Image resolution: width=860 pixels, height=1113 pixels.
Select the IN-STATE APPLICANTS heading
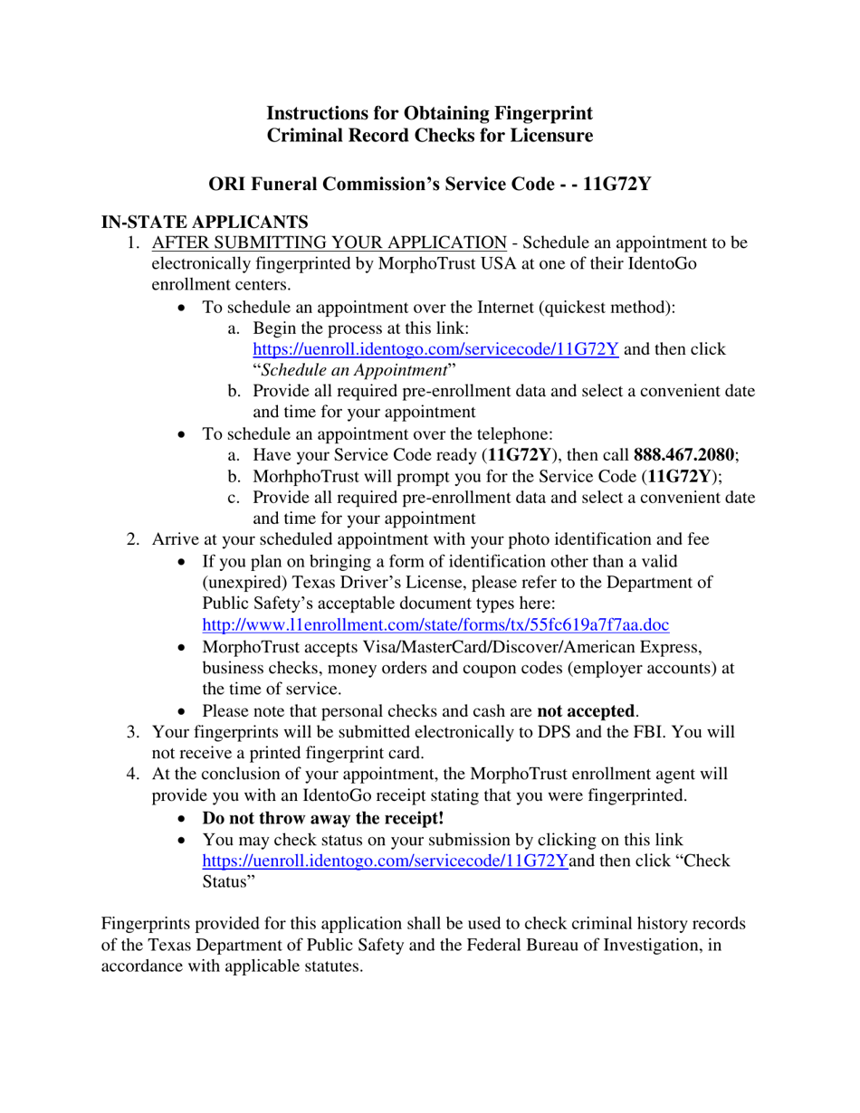coord(205,222)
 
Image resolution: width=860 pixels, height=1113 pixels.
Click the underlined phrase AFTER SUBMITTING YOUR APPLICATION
coord(330,243)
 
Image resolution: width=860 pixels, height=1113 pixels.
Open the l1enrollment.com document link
coord(435,624)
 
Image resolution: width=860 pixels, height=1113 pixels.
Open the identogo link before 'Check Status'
coord(385,861)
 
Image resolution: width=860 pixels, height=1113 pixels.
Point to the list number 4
coord(132,775)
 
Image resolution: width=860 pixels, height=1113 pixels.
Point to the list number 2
coord(132,540)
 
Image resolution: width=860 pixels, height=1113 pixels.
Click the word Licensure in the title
coord(550,136)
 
